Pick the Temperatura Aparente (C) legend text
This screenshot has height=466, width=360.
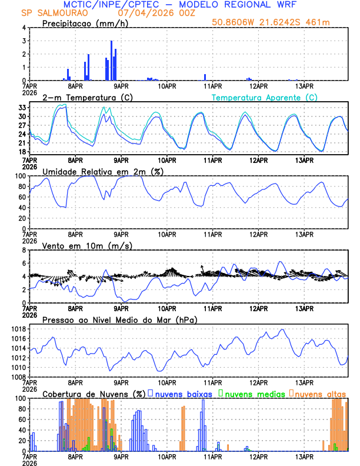pyautogui.click(x=265, y=97)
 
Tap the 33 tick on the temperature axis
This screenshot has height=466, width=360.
pyautogui.click(x=22, y=108)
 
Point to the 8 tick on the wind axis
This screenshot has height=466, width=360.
pyautogui.click(x=25, y=250)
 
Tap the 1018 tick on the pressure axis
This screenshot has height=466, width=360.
pyautogui.click(x=19, y=329)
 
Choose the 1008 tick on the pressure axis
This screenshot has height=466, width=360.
pyautogui.click(x=19, y=377)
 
